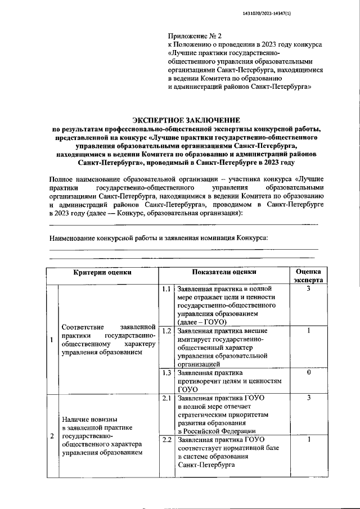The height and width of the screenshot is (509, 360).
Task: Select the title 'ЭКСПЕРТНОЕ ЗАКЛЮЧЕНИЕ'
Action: pos(186,120)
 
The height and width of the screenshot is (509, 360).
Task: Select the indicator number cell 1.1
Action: pos(165,289)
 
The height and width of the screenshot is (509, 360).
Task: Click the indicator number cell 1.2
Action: pos(165,331)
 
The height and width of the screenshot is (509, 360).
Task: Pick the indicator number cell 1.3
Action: pos(165,373)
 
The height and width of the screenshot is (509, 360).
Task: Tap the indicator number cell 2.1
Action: pos(165,398)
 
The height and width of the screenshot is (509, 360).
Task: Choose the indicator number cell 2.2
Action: pos(165,440)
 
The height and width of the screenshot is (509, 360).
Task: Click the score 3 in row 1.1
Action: pos(308,289)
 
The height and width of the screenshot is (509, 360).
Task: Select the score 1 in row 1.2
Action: pos(308,331)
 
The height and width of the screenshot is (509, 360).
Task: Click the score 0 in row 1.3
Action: pos(308,373)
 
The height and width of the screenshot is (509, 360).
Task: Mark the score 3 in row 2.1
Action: pos(308,398)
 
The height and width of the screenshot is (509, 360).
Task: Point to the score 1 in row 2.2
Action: pos(308,440)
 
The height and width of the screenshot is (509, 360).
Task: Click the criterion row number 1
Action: pos(52,340)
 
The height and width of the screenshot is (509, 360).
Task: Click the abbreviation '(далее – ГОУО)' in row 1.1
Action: pos(202,322)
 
